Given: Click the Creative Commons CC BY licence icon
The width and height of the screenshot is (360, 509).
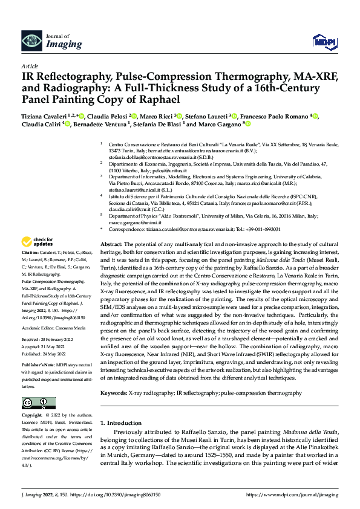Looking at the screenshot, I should pos(38,386).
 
